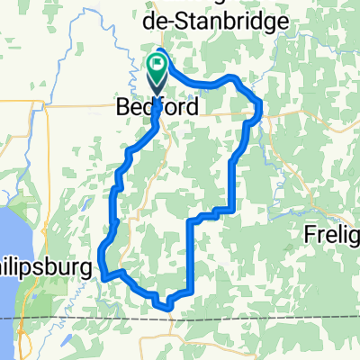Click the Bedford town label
(x=157, y=107)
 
